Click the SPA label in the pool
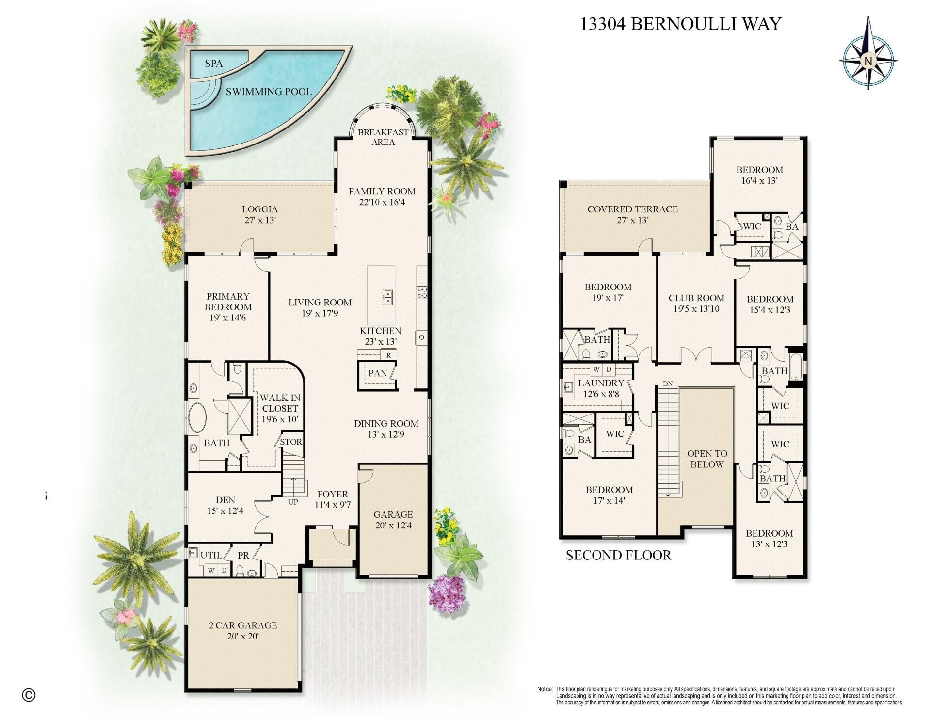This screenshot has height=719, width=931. click(x=213, y=64)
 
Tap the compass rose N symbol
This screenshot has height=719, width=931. click(x=868, y=61)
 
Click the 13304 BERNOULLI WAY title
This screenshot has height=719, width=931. click(x=680, y=24)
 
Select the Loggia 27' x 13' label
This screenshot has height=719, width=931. click(x=260, y=214)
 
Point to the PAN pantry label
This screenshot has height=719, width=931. click(x=377, y=373)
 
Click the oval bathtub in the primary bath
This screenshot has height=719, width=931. click(x=197, y=417)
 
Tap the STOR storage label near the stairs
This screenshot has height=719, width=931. click(x=291, y=442)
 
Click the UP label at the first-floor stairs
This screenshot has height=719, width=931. click(x=293, y=502)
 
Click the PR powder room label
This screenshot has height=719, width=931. click(x=243, y=555)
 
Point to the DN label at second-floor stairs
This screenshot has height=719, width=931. click(x=668, y=383)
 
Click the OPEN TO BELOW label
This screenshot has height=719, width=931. click(x=707, y=459)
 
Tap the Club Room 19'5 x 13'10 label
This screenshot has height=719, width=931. click(x=696, y=303)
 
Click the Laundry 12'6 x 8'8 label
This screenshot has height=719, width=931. click(x=600, y=388)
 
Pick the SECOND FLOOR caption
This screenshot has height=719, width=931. click(x=618, y=555)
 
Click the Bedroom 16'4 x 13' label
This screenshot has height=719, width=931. click(x=759, y=175)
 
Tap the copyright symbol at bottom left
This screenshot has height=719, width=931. click(x=29, y=695)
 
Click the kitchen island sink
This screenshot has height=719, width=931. click(x=387, y=297)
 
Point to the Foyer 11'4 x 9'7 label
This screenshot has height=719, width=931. click(x=333, y=499)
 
